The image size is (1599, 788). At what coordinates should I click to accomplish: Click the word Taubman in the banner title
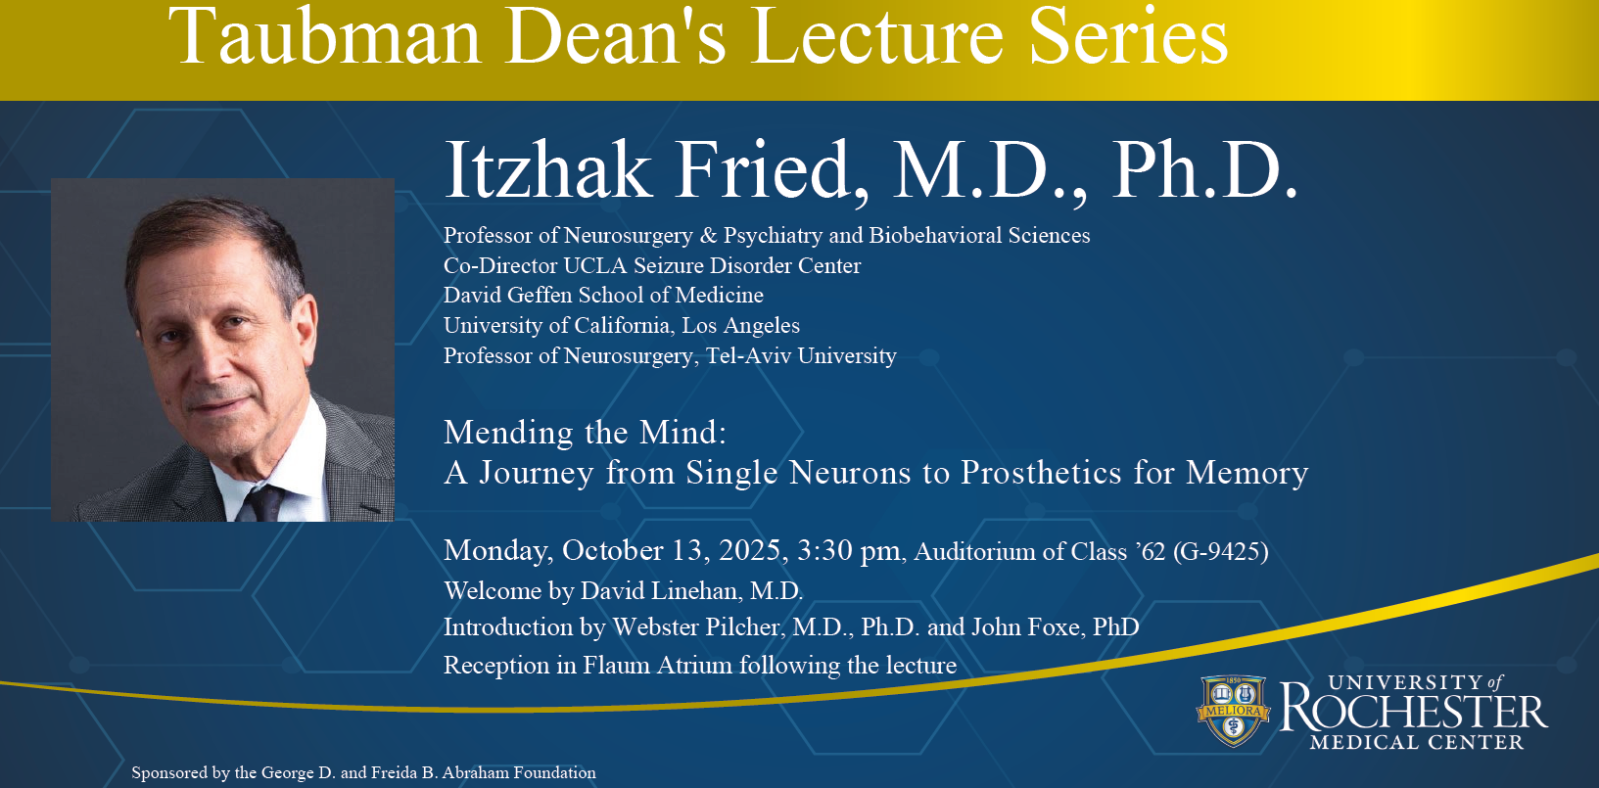point(324,37)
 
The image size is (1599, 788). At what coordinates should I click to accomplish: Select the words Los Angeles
point(740,326)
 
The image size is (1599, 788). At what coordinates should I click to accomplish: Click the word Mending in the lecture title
point(508,432)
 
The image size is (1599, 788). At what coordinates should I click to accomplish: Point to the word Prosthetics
point(1041,473)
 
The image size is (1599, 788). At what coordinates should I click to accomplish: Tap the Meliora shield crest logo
point(1233,711)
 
